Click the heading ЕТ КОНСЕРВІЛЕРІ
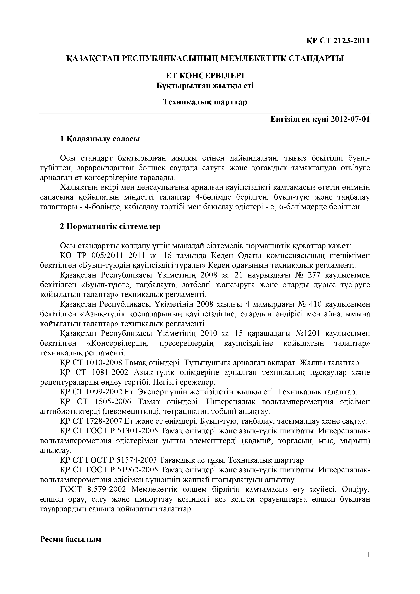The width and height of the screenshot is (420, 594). [205, 76]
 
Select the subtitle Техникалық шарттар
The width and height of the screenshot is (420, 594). [205, 102]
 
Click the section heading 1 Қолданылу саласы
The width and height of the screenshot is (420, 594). [100, 139]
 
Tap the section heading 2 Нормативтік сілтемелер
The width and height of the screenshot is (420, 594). [110, 226]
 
